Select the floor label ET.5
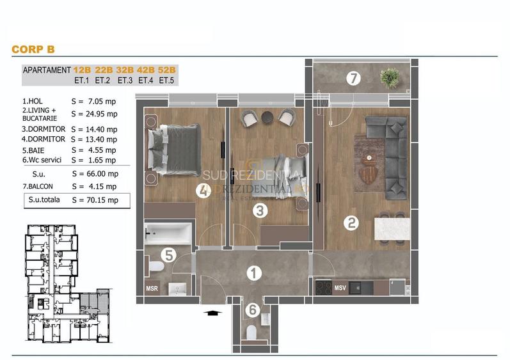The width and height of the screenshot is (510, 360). point(166,81)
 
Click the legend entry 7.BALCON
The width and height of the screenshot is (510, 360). point(41,187)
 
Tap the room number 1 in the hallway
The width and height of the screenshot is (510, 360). point(254,274)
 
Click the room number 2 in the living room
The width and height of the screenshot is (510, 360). point(351,223)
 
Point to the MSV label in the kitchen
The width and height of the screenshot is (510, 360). point(340,288)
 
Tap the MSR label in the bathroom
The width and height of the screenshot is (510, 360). point(152,288)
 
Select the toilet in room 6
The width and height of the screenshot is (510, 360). point(251,332)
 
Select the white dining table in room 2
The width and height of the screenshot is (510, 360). point(392,230)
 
